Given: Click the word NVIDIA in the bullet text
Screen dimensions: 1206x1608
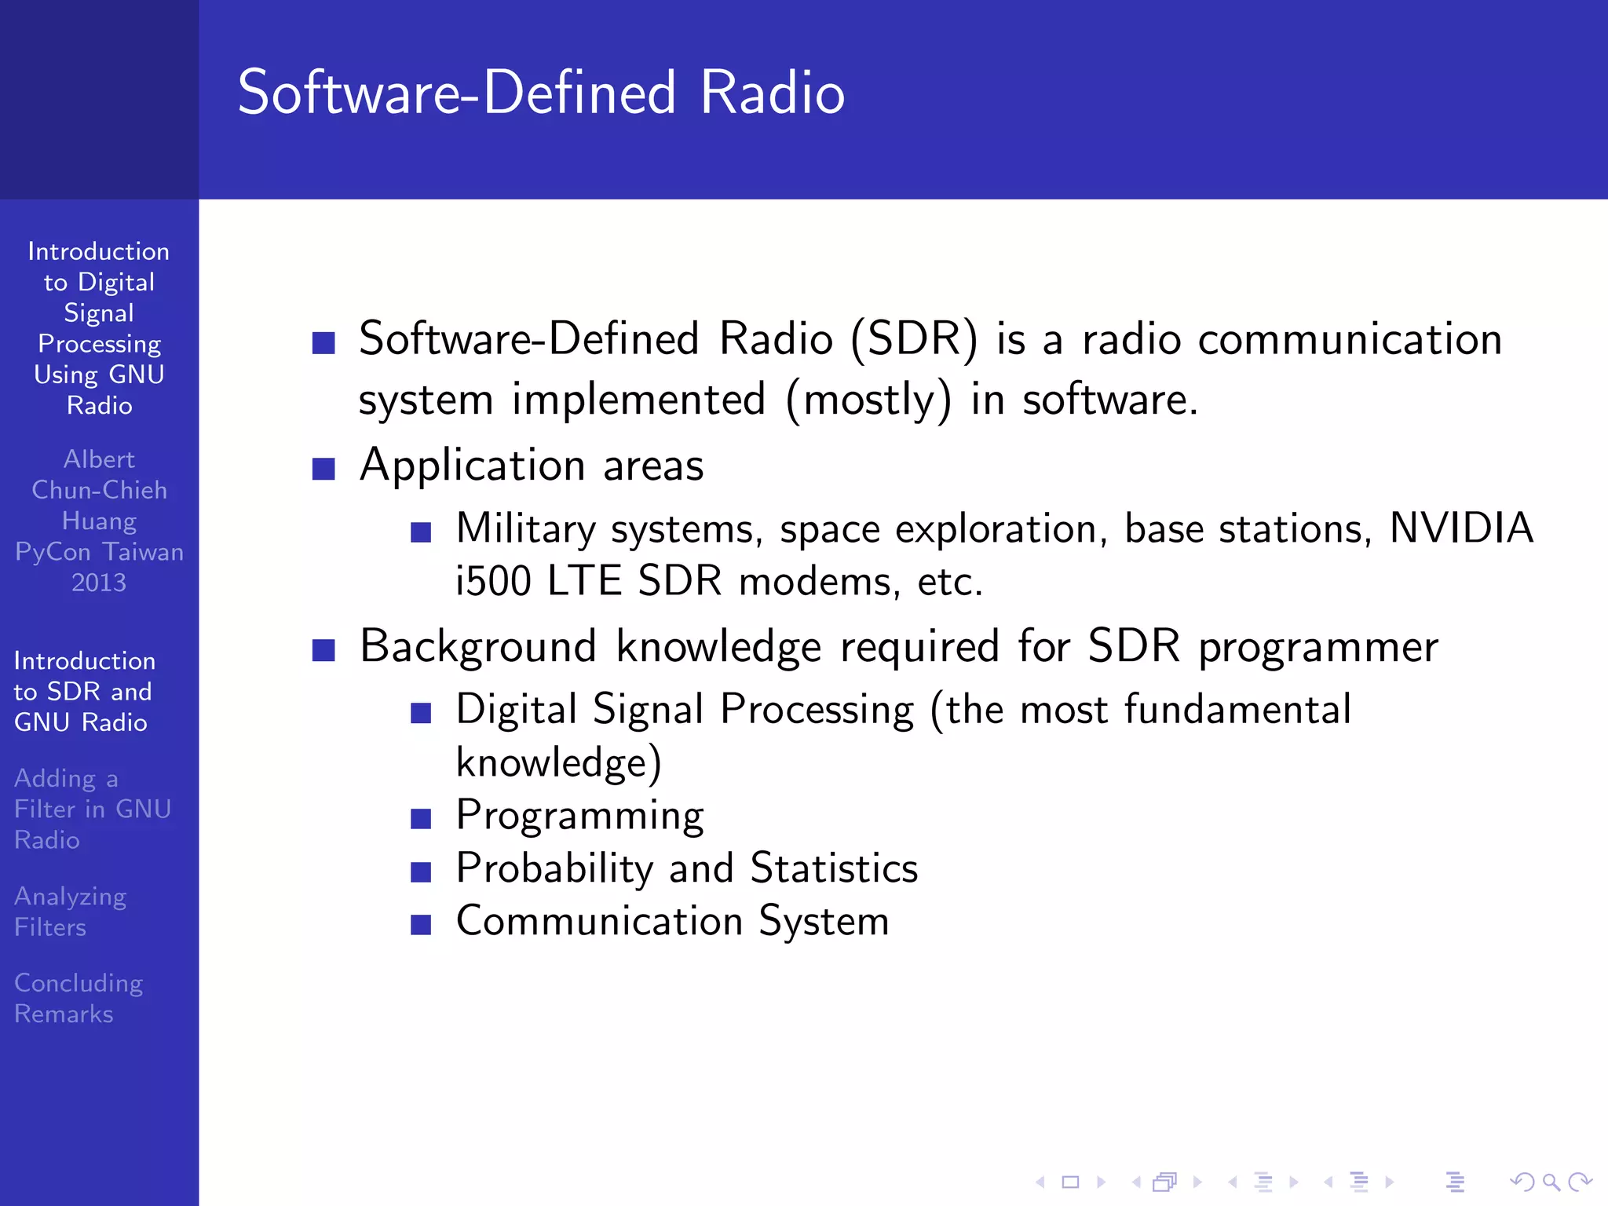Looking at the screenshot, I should coord(1461,528).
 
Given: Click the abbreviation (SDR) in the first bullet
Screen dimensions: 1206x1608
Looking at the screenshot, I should coord(915,339).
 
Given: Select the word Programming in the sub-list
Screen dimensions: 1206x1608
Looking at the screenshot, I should coord(579,816).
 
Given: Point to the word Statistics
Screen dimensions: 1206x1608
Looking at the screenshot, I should coord(834,868).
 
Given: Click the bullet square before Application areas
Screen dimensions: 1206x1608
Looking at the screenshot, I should coord(323,469).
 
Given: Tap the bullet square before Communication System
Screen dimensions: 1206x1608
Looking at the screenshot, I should coord(421,924).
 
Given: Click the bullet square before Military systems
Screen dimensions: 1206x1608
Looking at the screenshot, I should coord(421,532).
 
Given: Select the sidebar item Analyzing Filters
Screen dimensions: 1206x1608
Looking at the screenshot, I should coord(70,911).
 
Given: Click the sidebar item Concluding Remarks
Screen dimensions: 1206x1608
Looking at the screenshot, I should coord(78,998).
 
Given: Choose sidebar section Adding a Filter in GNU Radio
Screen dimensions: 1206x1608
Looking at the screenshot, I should coord(92,809).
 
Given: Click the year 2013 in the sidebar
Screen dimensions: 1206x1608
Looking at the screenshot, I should coord(99,583).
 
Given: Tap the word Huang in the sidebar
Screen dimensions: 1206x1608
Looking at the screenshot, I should coord(99,521).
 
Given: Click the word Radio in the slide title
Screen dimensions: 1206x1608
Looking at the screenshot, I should coord(772,93).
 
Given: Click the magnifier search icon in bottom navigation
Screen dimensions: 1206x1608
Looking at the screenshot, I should coord(1550,1182).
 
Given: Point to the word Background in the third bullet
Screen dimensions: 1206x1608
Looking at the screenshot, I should coord(477,647).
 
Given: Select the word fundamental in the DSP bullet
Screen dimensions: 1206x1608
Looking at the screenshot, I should coord(1237,709).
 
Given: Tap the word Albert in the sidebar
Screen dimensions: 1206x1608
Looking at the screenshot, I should coord(99,459).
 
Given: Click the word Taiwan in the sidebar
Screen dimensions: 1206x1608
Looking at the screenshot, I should coord(143,552).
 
